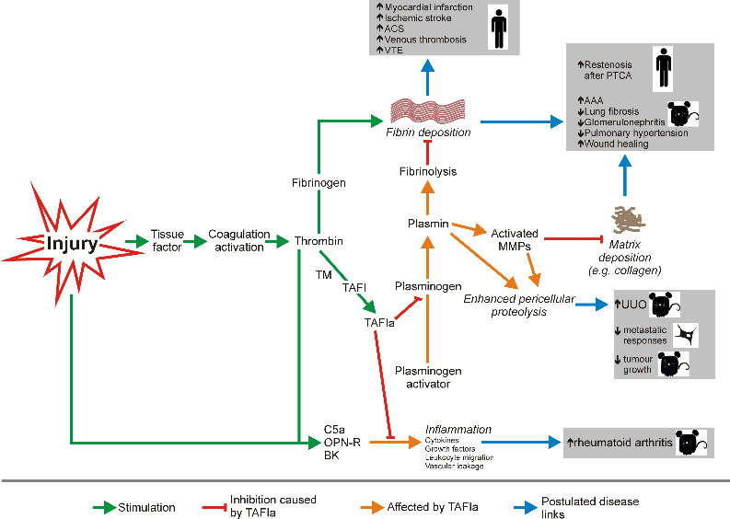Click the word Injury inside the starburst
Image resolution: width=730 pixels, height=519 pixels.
click(x=75, y=245)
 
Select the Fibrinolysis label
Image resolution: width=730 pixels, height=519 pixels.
click(x=428, y=171)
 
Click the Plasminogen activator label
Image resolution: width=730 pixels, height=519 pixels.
click(x=426, y=377)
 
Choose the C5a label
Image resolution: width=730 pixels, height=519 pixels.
click(x=334, y=429)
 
